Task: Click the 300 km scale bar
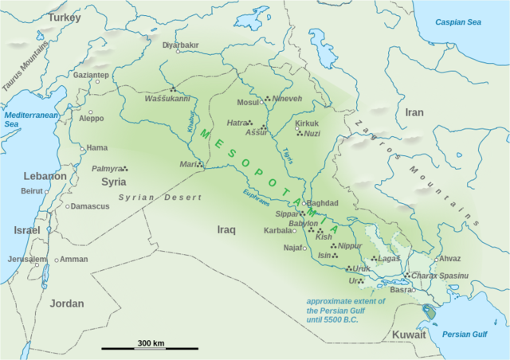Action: coord(150,347)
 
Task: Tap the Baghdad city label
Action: coord(323,204)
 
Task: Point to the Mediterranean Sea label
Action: coord(22,119)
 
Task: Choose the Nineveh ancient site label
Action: coord(287,99)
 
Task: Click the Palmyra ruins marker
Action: coord(125,168)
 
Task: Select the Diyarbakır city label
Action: coord(179,45)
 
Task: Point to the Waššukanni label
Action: coord(167,99)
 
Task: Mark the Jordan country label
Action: coord(66,303)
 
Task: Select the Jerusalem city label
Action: coord(27,260)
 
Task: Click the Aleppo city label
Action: coord(91,119)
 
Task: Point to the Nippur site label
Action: coord(350,246)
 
